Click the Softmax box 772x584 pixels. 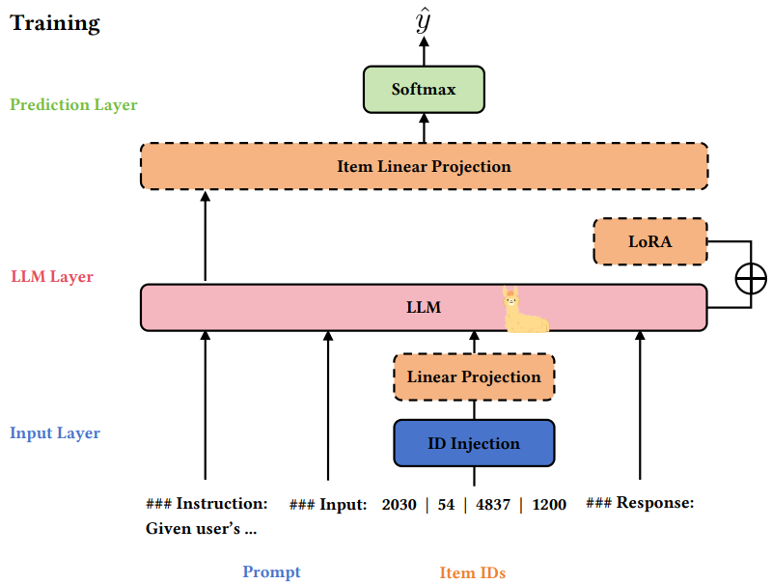[x=423, y=89]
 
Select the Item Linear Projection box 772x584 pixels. [x=424, y=166]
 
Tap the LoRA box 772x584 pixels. [x=649, y=241]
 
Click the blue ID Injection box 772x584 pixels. [x=474, y=443]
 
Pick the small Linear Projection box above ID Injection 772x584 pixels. [x=474, y=376]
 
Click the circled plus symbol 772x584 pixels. [x=751, y=278]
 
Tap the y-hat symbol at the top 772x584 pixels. [x=423, y=21]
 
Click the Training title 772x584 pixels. [x=55, y=23]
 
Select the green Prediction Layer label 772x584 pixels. [x=73, y=104]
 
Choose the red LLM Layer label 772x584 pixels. [x=52, y=277]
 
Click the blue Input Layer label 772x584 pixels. [x=55, y=432]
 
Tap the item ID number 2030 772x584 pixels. [x=400, y=504]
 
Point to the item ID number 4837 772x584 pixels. [x=494, y=504]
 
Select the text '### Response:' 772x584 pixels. [x=640, y=502]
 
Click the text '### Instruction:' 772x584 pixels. [x=207, y=504]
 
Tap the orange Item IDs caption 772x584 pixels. [x=473, y=572]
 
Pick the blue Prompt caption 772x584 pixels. [x=271, y=571]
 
